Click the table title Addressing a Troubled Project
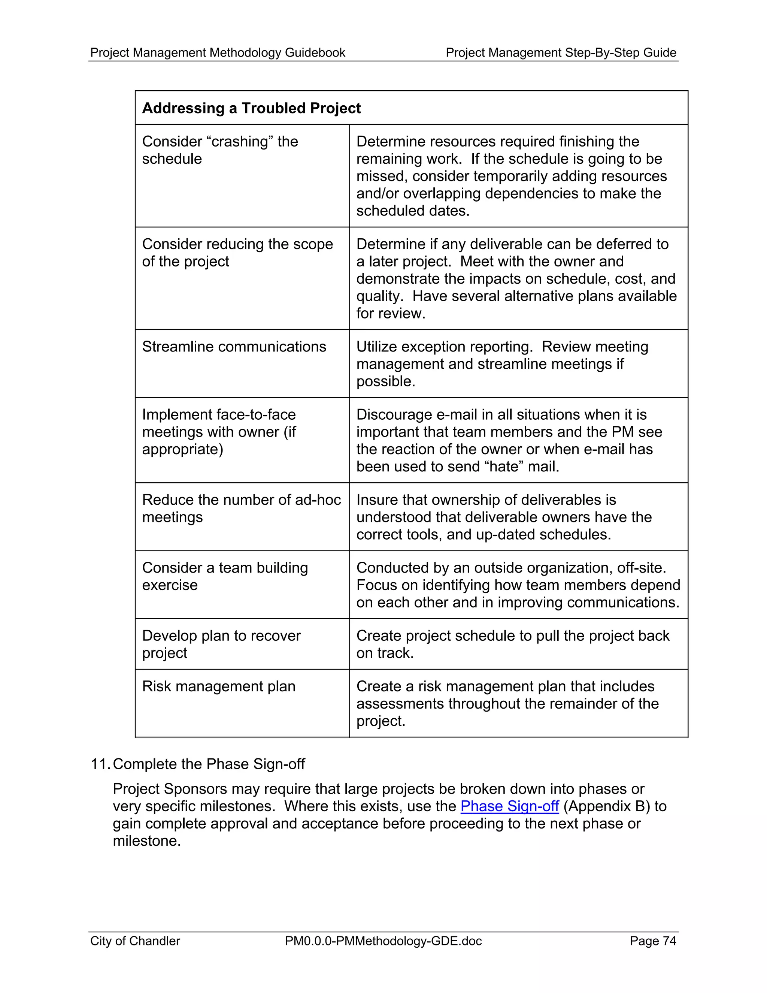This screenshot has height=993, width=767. coord(251,108)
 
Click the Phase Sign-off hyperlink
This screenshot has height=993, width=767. coord(509,806)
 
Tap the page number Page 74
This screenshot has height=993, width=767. coord(652,941)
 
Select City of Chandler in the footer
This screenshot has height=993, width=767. coord(135,941)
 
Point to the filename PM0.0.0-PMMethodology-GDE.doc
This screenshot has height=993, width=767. coord(383,941)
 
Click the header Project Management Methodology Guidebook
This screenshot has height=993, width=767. coord(218,53)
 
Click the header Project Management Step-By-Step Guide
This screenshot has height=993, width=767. coord(561,53)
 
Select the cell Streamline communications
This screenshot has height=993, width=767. coord(234,347)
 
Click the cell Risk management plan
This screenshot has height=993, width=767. coord(219,686)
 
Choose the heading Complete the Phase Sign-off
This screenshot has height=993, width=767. coord(209,764)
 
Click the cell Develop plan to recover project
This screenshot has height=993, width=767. coord(221,644)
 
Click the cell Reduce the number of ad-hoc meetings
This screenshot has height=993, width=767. coord(241,508)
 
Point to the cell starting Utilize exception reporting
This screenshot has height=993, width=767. coord(502,364)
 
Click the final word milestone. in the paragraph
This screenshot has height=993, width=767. coord(147,841)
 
